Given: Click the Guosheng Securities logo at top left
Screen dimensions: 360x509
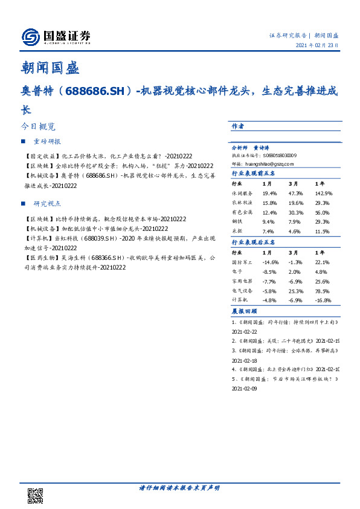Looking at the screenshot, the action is [56, 37].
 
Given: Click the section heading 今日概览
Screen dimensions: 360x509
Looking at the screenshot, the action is [38, 127].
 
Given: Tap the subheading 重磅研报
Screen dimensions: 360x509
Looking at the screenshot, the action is [47, 141].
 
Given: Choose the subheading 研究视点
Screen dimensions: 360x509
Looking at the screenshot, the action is [47, 204].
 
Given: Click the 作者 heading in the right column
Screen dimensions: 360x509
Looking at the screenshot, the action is [237, 126].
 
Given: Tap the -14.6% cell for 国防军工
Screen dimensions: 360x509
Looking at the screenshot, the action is [270, 262].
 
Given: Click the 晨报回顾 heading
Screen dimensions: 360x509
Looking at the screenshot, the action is [242, 311].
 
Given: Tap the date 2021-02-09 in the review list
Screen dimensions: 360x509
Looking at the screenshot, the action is [245, 390].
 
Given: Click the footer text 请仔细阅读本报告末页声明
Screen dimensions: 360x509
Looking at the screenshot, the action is [179, 487].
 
